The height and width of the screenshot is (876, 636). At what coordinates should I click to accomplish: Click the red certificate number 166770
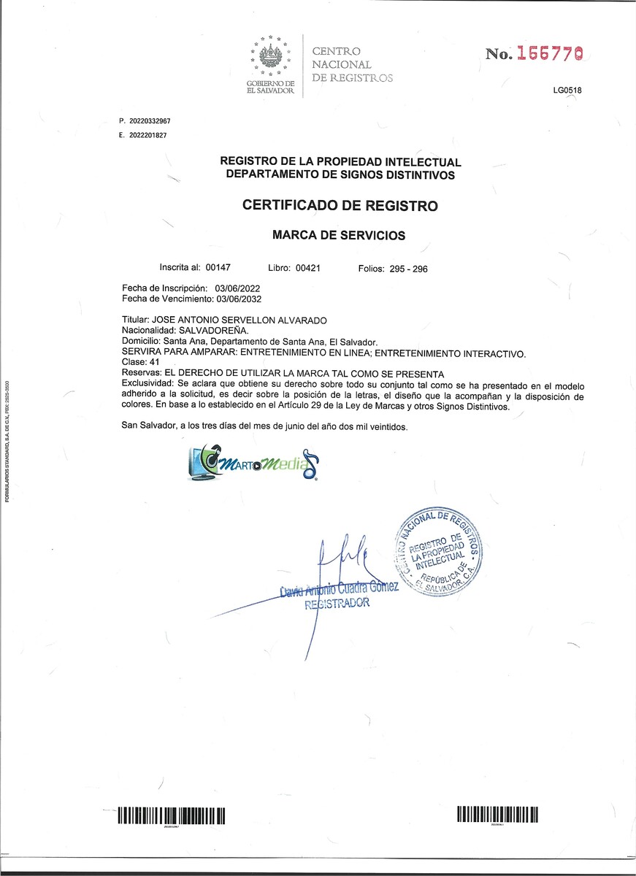coord(549,54)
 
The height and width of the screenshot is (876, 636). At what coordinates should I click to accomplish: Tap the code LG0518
coord(567,91)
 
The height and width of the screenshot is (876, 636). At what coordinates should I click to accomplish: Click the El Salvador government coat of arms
coord(270,58)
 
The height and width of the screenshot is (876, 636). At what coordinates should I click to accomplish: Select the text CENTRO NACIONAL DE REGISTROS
coord(352,64)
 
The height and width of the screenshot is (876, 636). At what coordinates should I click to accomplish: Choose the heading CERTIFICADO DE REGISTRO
coord(340,206)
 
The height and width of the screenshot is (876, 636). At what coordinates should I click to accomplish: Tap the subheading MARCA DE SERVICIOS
coord(338,236)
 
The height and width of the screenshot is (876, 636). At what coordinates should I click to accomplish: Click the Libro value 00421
coord(307,269)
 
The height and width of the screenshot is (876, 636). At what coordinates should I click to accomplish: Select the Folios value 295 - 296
coord(409,269)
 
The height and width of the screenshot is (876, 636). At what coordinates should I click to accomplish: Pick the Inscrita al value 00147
coord(218,269)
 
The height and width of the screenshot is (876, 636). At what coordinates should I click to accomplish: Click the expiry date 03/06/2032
coord(238,299)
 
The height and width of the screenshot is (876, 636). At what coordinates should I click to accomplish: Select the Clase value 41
coord(154,362)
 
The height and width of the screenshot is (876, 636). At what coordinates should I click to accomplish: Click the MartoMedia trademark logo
coord(253,464)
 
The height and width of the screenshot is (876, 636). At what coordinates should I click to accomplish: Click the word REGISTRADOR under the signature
coord(337,604)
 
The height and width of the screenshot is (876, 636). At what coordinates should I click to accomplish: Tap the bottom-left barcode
coord(171,815)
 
